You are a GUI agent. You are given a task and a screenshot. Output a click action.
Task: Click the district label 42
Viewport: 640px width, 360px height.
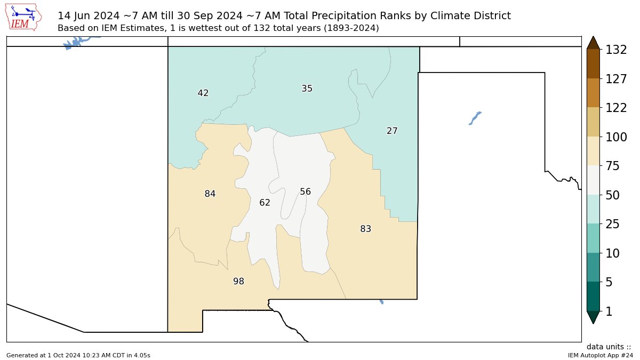pyautogui.click(x=203, y=93)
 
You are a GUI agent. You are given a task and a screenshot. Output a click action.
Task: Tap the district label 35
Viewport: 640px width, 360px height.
pyautogui.click(x=307, y=89)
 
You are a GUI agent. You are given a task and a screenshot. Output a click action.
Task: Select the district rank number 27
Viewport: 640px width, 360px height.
pyautogui.click(x=392, y=131)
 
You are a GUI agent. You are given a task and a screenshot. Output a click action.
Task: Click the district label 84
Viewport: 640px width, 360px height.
pyautogui.click(x=210, y=194)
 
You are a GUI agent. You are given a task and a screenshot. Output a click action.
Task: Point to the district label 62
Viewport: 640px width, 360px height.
pyautogui.click(x=265, y=203)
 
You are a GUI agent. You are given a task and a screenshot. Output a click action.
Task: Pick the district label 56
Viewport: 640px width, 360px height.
pyautogui.click(x=305, y=191)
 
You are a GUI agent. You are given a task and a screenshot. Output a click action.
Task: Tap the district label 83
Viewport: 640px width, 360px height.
pyautogui.click(x=365, y=229)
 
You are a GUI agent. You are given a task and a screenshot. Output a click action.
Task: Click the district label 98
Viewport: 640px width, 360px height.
pyautogui.click(x=238, y=281)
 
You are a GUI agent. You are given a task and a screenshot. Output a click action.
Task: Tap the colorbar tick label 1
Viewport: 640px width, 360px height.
pyautogui.click(x=608, y=311)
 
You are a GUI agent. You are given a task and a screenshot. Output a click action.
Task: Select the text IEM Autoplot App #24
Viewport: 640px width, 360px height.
pyautogui.click(x=600, y=355)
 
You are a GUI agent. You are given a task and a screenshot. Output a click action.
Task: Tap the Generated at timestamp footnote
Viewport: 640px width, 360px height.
pyautogui.click(x=78, y=355)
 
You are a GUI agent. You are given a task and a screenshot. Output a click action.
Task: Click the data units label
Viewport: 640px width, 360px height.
pyautogui.click(x=609, y=347)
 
